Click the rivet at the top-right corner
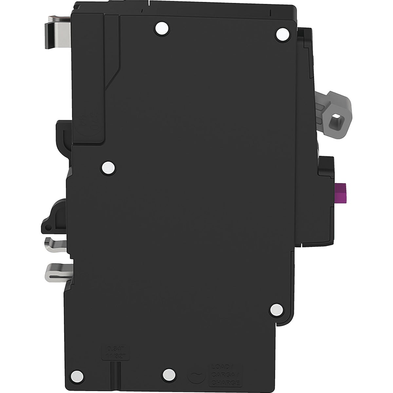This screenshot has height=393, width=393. (281, 34)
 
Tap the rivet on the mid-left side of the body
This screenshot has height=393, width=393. (108, 168)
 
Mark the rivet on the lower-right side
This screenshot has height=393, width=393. (276, 309)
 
